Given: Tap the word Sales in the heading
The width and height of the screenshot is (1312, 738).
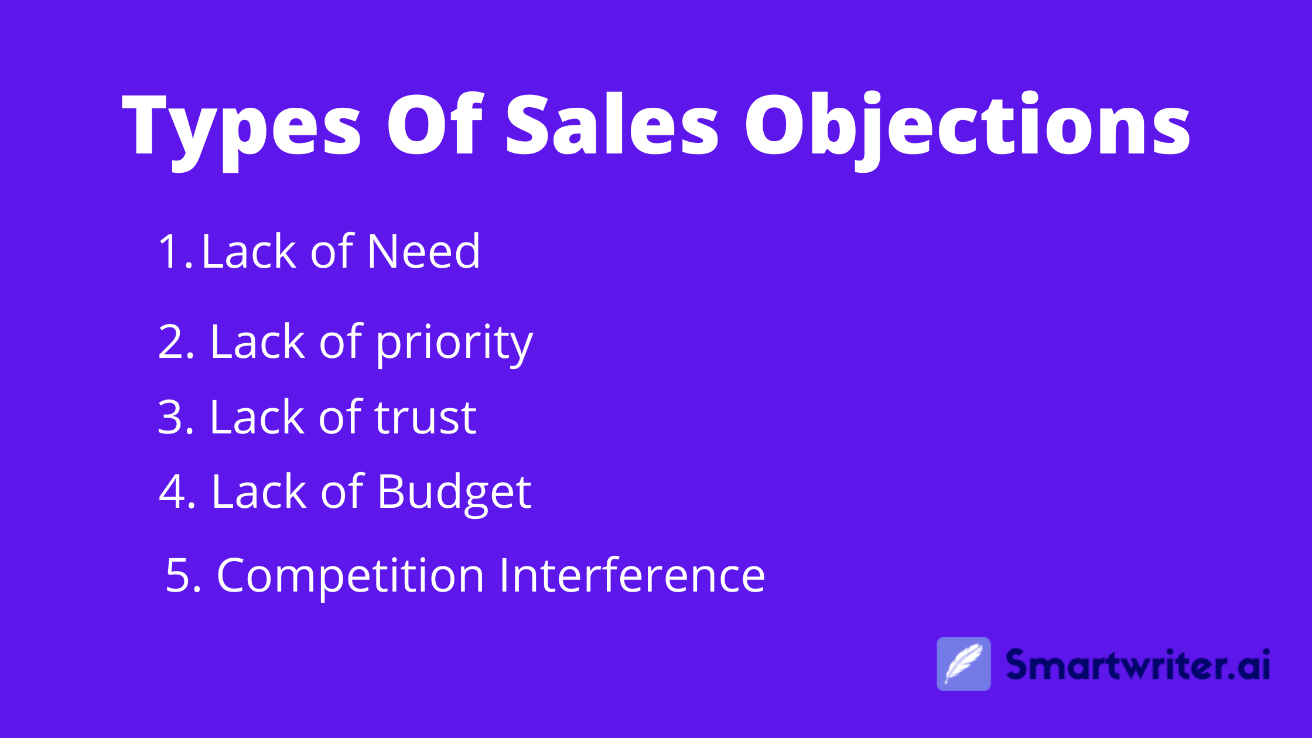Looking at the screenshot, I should pyautogui.click(x=612, y=125).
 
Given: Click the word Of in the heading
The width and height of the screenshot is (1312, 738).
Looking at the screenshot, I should pyautogui.click(x=434, y=125).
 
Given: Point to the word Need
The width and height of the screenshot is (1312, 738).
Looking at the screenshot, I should pyautogui.click(x=423, y=252).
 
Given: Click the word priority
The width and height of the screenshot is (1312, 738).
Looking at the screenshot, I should pyautogui.click(x=454, y=344).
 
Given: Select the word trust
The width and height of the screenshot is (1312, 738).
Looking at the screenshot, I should pyautogui.click(x=425, y=418).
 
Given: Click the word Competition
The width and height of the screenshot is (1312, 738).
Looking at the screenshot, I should pyautogui.click(x=350, y=576).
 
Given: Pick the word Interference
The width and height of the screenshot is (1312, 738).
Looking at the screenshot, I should pyautogui.click(x=632, y=575).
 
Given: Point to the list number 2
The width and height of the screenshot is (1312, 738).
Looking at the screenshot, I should pyautogui.click(x=175, y=343).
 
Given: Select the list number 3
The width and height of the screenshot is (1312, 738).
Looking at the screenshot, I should pyautogui.click(x=175, y=418).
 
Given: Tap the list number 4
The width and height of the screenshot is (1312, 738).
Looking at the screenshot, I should pyautogui.click(x=176, y=492).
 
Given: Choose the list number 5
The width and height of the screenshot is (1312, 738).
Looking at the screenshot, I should pyautogui.click(x=183, y=576).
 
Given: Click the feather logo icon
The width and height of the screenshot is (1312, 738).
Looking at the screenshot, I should pyautogui.click(x=963, y=664).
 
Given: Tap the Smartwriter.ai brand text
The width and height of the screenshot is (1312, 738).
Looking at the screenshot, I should pyautogui.click(x=1137, y=665).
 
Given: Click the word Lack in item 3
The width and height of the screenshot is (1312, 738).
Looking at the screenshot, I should pyautogui.click(x=257, y=418).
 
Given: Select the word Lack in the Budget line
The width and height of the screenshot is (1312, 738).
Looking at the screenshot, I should pyautogui.click(x=258, y=492).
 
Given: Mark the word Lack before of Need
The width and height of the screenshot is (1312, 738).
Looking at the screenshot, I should pyautogui.click(x=249, y=252).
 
